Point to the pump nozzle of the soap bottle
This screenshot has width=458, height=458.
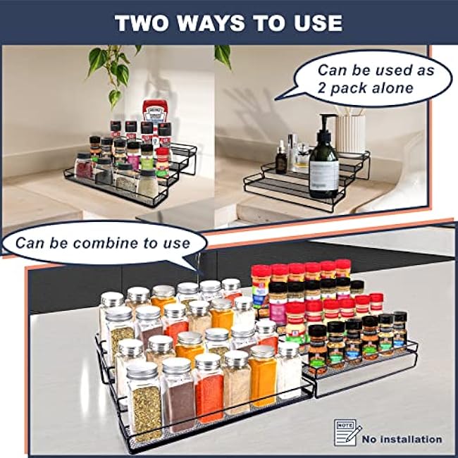point(325,116)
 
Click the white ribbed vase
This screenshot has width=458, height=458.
point(350,133)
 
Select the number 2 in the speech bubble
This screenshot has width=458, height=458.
point(321,88)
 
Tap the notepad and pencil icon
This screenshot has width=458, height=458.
point(347,433)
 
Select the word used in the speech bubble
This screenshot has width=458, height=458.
point(394,70)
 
